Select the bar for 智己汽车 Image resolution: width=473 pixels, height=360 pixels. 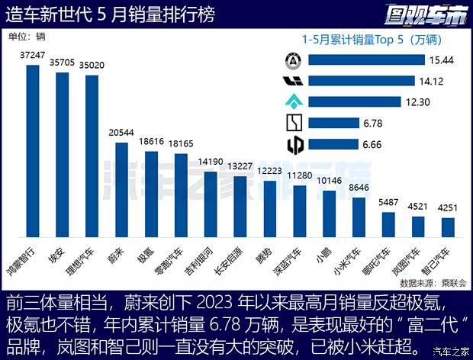click(448, 229)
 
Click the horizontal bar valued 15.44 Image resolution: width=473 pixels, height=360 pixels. click(365, 59)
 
